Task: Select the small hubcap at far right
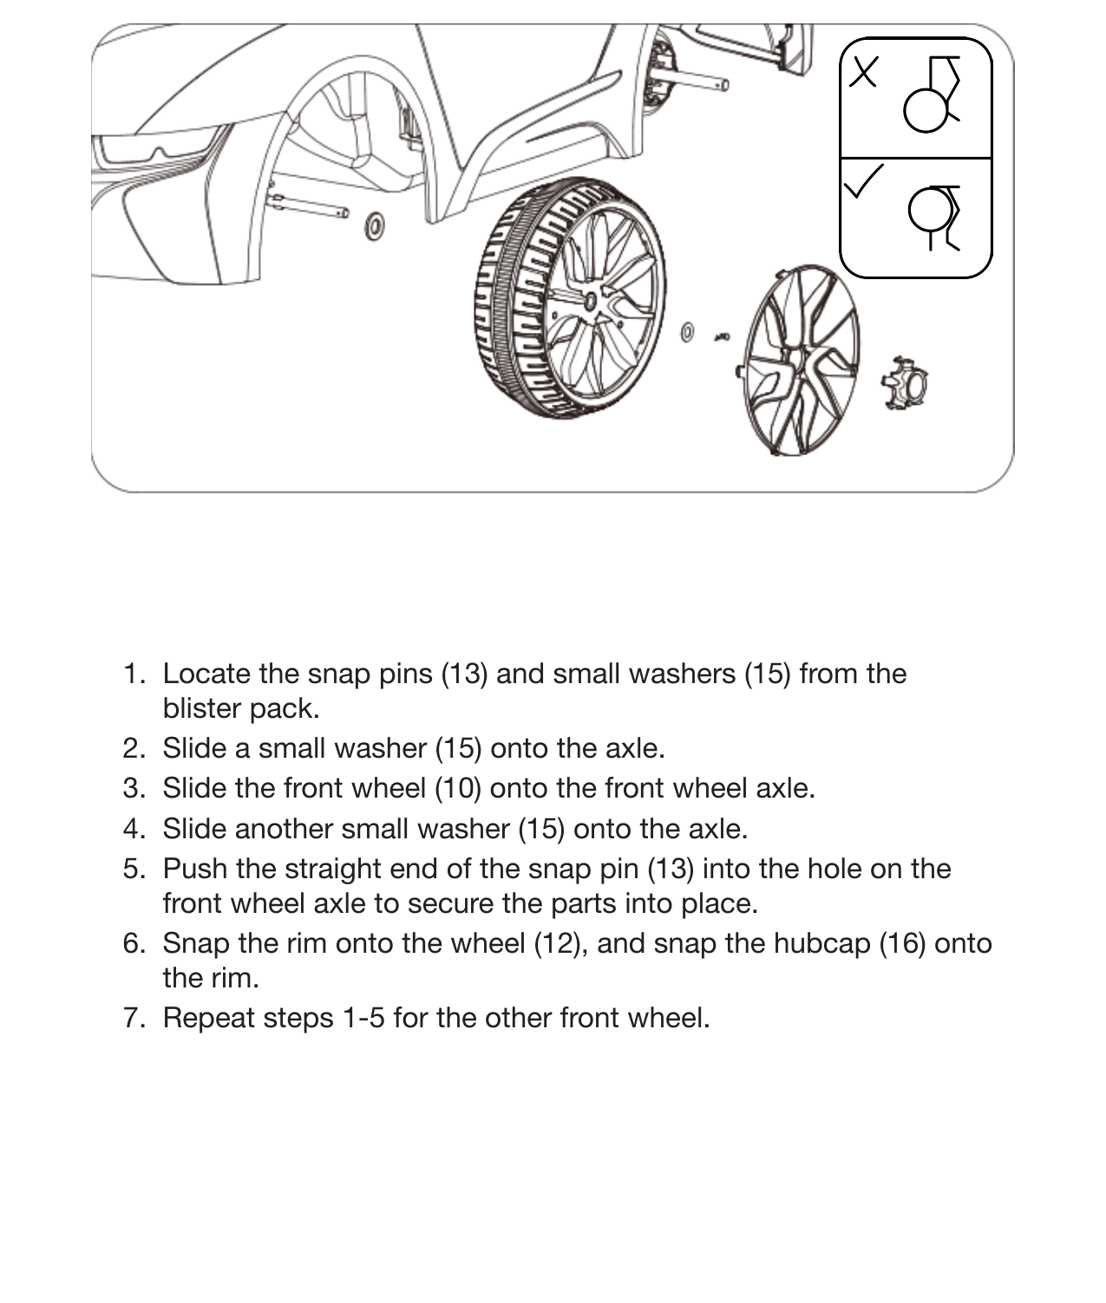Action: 905,382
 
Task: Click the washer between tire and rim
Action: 686,332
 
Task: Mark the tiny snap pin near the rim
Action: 722,337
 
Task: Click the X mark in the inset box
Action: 863,71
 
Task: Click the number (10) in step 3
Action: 458,788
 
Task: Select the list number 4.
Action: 134,829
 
